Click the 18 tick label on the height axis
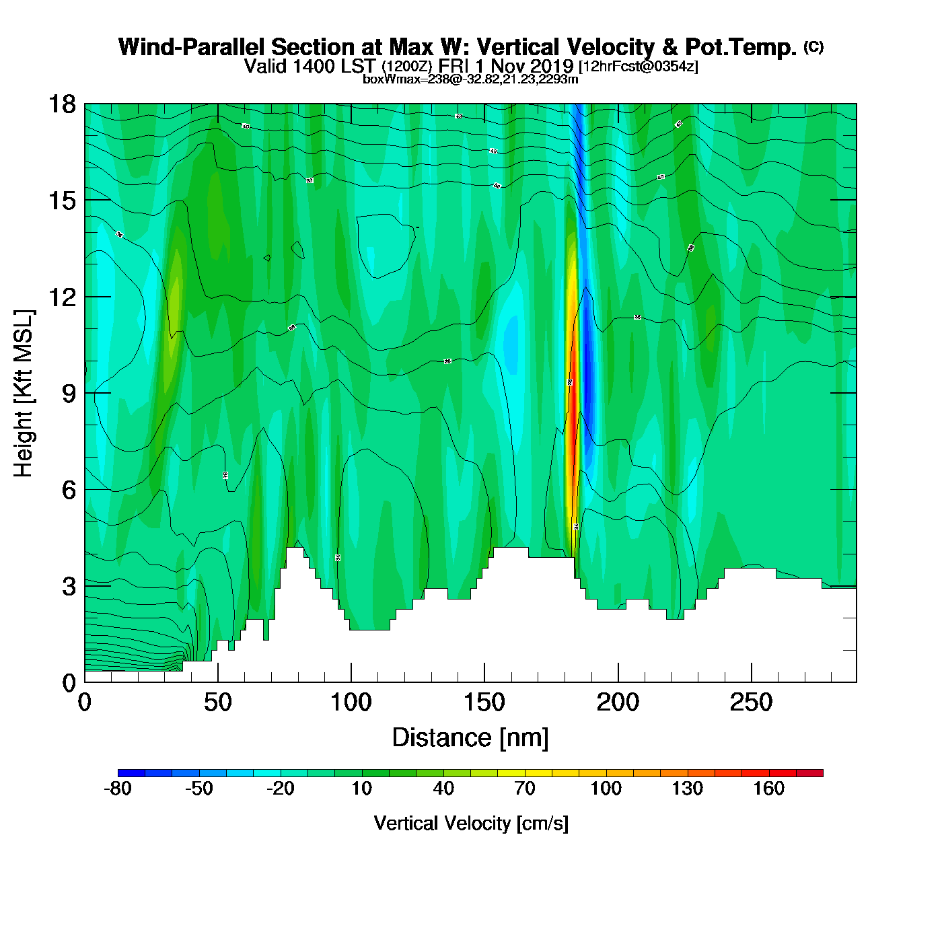pyautogui.click(x=61, y=104)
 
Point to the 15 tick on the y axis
pyautogui.click(x=61, y=201)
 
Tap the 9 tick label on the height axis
pyautogui.click(x=69, y=394)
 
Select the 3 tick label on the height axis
pyautogui.click(x=69, y=587)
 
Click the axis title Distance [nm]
pyautogui.click(x=470, y=738)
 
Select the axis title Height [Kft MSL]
pyautogui.click(x=24, y=394)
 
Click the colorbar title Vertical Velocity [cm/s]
pyautogui.click(x=471, y=823)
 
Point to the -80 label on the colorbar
pyautogui.click(x=118, y=789)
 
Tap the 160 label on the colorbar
pyautogui.click(x=768, y=789)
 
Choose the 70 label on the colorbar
pyautogui.click(x=524, y=789)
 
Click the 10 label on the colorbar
pyautogui.click(x=362, y=789)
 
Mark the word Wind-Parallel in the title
pyautogui.click(x=191, y=47)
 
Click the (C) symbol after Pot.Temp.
pyautogui.click(x=813, y=46)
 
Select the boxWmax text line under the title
pyautogui.click(x=470, y=79)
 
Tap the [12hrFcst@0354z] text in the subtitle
pyautogui.click(x=639, y=67)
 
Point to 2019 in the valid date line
pyautogui.click(x=551, y=66)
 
